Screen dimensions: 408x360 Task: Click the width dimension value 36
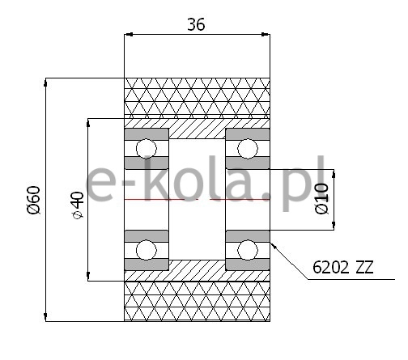click(x=196, y=24)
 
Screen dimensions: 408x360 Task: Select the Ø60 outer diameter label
click(x=34, y=200)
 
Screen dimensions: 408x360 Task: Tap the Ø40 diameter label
click(x=79, y=205)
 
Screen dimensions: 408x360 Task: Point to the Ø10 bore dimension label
click(x=322, y=199)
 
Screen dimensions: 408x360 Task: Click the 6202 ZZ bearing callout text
click(x=343, y=267)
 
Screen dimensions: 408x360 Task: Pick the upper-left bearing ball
click(x=147, y=149)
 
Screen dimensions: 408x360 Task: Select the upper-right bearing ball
click(x=248, y=149)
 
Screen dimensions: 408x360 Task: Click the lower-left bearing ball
click(x=147, y=250)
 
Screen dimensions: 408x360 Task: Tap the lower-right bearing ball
click(x=248, y=250)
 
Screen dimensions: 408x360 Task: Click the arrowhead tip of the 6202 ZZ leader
click(x=270, y=242)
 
